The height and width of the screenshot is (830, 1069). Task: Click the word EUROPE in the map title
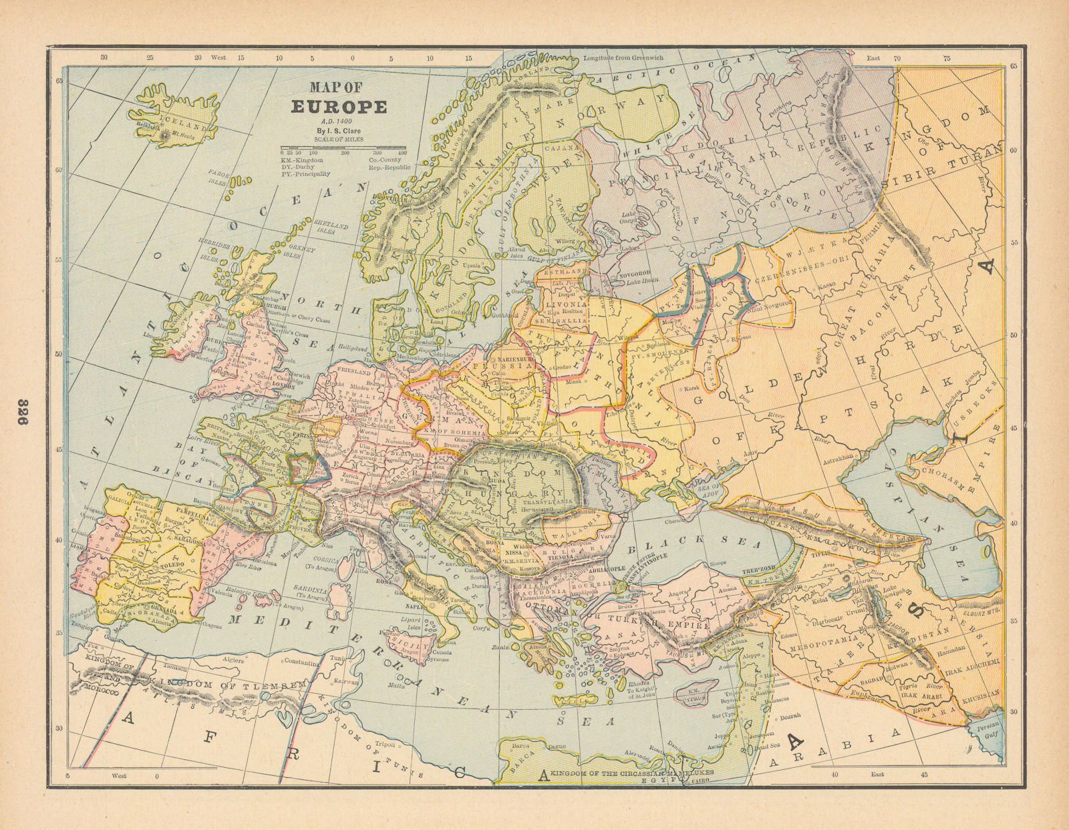point(338,107)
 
